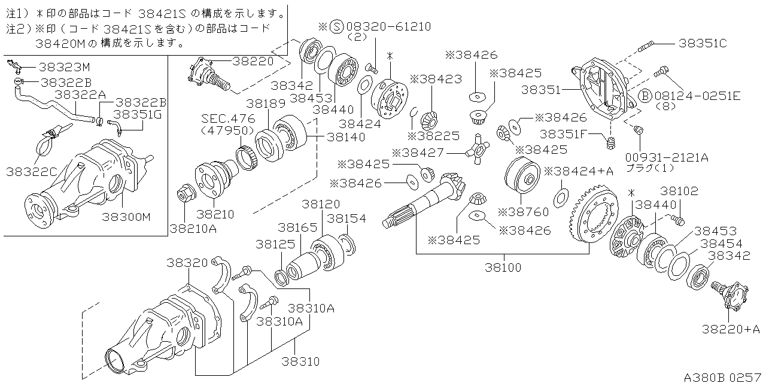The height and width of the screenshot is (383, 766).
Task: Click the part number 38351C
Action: coord(702,43)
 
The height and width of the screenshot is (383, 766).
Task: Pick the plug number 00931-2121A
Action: coord(666,157)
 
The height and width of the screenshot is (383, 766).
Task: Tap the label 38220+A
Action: coord(731,328)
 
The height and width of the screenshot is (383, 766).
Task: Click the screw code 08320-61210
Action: coord(388,26)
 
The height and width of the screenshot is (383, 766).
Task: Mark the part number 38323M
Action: coord(64,66)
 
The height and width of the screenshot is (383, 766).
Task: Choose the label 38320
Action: coord(187,262)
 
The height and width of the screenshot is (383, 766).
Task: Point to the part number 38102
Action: coord(679,191)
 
